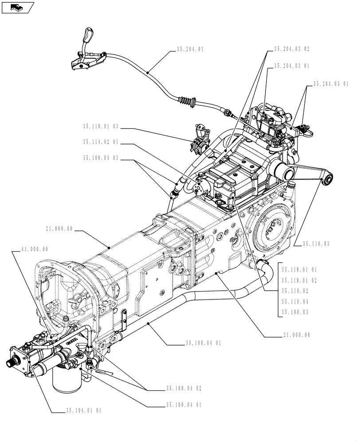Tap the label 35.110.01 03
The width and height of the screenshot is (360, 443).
[x=100, y=126]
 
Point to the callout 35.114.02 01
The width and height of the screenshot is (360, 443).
[x=100, y=142]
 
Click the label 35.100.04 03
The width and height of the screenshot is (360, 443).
[x=100, y=158]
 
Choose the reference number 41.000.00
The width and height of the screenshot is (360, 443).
[x=35, y=249]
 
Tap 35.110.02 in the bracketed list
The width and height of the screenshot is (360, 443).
[x=295, y=291]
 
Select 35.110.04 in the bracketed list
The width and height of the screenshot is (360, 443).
[x=295, y=302]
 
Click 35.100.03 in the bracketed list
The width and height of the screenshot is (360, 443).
[x=295, y=312]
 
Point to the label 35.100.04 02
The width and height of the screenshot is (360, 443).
[x=184, y=389]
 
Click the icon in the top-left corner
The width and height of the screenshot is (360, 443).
[x=17, y=7]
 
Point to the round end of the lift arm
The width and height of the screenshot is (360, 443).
[x=327, y=179]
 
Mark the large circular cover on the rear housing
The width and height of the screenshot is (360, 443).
[x=272, y=230]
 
